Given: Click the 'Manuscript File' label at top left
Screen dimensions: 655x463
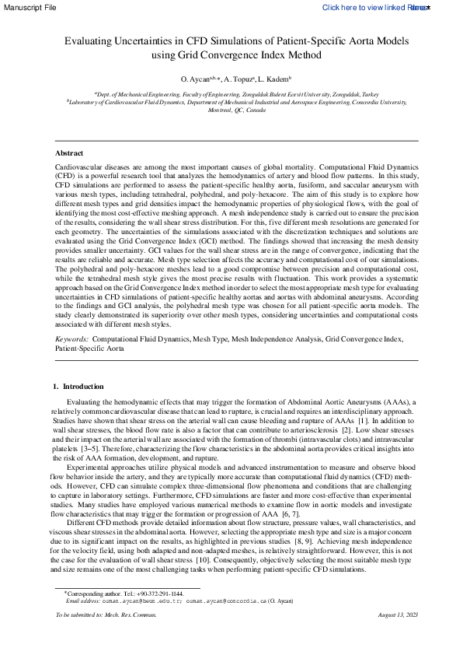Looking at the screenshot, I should point(28,7).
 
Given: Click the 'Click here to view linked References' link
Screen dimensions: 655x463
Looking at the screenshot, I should point(375,7).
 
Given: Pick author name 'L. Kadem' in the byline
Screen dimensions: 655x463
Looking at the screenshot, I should point(273,80).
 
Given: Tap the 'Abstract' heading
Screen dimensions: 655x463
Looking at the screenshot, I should point(69,152).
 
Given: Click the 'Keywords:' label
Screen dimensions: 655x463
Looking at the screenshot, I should point(71,340).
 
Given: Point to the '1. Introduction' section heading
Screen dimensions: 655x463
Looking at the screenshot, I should point(77,387).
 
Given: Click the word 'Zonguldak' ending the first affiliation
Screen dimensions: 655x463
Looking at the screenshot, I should point(338,93).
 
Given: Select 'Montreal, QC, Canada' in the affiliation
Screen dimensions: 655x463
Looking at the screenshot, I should point(231,110).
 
